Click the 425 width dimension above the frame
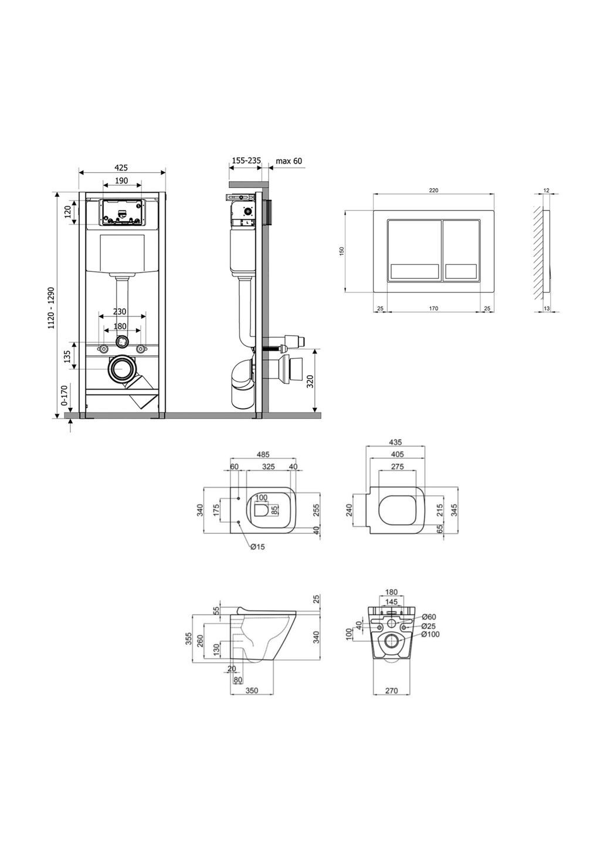pos(121,168)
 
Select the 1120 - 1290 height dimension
pos(52,308)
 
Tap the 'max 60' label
pos(289,161)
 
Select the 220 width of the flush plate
pos(433,190)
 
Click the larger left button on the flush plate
pos(413,251)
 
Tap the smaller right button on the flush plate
pos(462,251)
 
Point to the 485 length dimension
pos(264,454)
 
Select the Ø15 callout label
pos(257,547)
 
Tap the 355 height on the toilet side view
pos(189,638)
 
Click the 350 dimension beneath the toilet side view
pos(252,691)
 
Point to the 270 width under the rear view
pos(392,691)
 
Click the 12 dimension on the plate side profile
pos(546,190)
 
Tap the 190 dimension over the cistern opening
pos(121,181)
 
